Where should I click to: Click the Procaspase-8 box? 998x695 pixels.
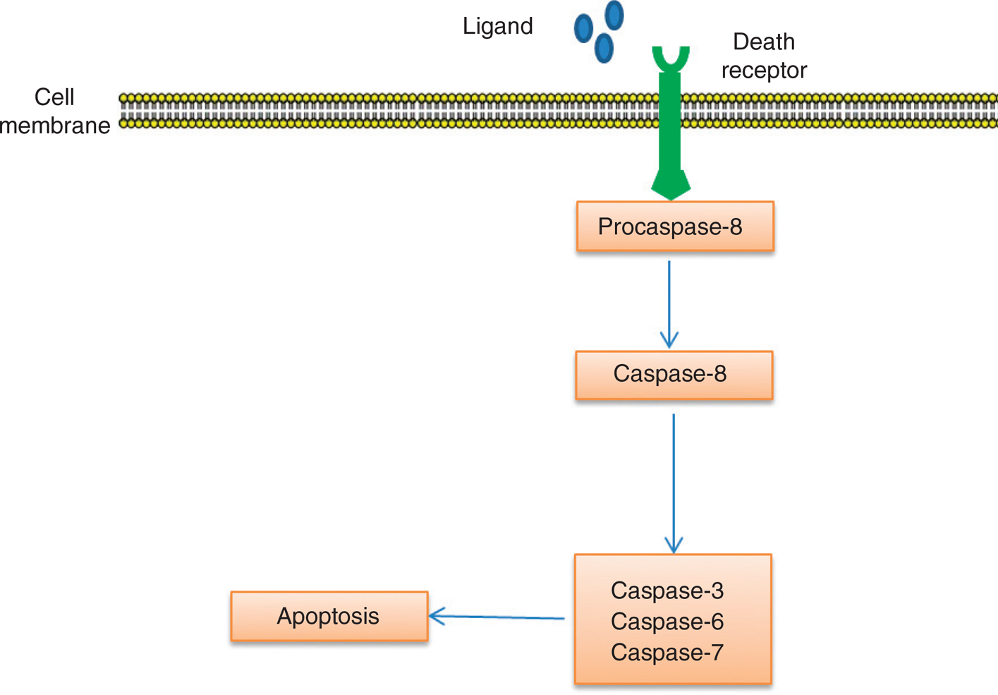675,226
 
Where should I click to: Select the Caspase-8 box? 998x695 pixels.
674,375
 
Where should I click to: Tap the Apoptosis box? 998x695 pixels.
329,616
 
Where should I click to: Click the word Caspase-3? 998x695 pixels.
667,591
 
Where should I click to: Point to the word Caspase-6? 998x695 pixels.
667,622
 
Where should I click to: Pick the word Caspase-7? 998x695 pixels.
667,653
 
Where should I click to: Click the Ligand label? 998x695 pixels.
497,26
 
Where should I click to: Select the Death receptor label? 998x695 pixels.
764,56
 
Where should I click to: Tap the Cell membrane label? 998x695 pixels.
55,111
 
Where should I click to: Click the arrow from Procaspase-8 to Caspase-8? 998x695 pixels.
669,303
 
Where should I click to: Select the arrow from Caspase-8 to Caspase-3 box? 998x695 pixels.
674,483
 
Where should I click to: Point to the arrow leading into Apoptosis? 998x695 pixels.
497,617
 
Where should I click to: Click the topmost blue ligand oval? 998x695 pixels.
614,15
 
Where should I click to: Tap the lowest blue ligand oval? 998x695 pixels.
604,48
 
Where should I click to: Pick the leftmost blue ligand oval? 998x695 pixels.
583,28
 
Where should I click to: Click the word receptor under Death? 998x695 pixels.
764,71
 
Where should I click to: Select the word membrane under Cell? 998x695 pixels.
55,126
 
